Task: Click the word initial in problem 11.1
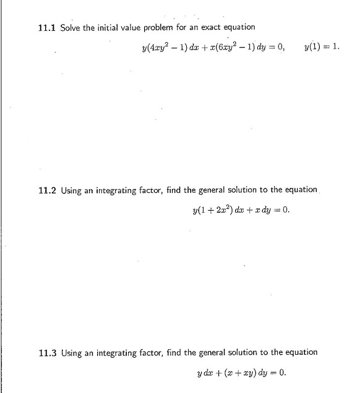(108, 28)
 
